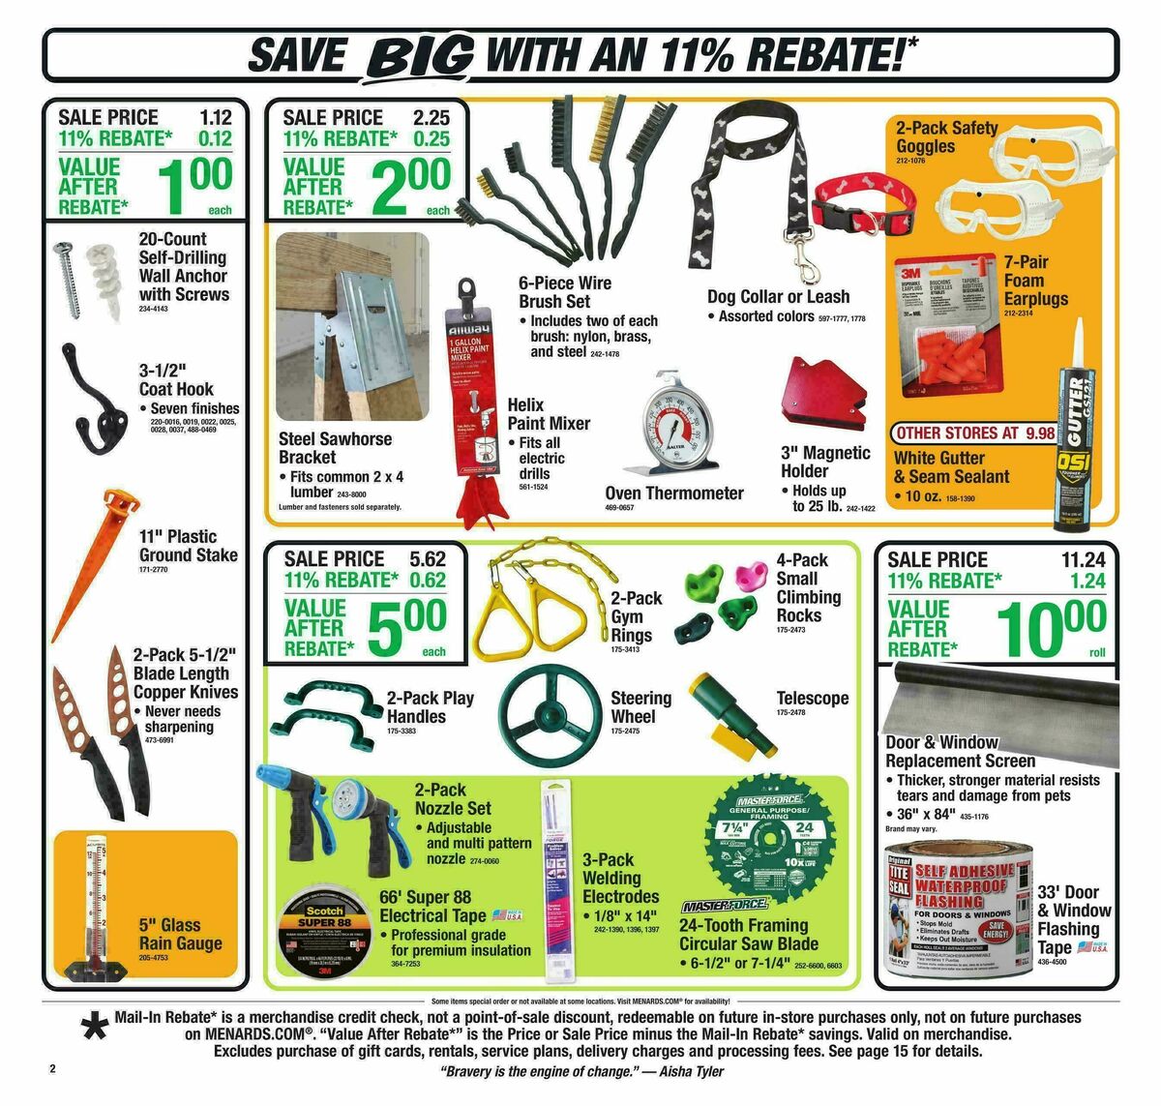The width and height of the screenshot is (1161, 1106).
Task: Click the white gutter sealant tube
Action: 1081,431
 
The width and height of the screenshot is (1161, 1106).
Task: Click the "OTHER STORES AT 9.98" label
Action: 975,433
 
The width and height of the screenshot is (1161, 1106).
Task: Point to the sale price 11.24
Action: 1083,559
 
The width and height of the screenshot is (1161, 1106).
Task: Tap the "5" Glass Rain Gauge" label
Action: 180,934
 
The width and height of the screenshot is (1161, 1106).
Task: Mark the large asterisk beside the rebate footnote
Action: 95,1028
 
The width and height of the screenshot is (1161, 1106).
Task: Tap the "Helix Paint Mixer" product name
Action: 549,414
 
